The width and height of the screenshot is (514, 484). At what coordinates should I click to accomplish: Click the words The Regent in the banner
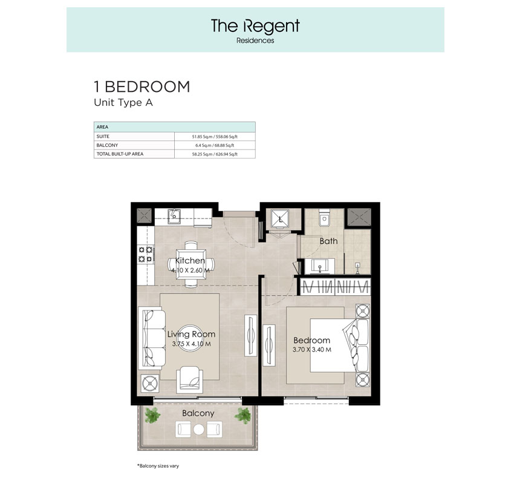[255, 26]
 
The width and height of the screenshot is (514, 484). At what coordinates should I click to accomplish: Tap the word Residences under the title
[255, 41]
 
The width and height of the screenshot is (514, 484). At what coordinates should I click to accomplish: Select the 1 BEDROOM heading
[142, 87]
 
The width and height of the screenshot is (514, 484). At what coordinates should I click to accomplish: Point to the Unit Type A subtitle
[123, 102]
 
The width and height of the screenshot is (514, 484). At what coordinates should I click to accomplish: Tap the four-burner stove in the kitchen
[145, 253]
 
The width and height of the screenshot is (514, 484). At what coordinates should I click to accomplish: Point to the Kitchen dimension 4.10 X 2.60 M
[190, 270]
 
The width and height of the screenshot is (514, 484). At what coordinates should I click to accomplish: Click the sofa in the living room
[151, 338]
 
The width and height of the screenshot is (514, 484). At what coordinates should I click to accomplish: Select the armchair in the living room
[190, 380]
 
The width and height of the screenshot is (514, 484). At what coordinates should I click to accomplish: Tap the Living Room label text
[191, 334]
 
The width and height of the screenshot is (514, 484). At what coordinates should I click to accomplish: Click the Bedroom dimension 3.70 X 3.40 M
[312, 349]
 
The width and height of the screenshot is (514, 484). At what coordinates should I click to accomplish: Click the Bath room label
[328, 241]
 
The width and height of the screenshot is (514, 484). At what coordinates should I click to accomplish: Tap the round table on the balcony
[198, 430]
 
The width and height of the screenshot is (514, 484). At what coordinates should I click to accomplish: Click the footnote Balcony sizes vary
[158, 466]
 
